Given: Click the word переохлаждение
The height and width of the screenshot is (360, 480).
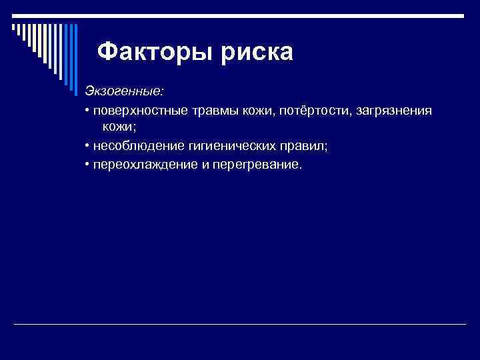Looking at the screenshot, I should [143, 163].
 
